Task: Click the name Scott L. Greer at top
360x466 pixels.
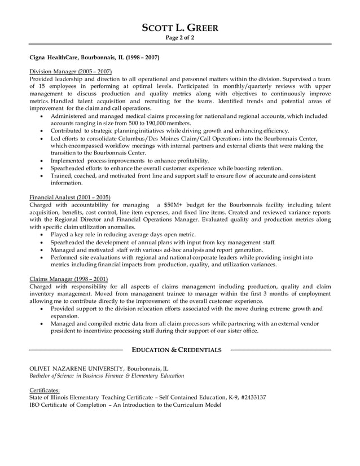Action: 179,28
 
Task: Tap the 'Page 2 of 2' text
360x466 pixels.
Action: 179,38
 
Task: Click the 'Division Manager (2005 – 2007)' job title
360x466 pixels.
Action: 70,72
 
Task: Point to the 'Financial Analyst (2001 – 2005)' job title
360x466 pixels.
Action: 70,197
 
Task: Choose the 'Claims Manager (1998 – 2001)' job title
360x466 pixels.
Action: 68,279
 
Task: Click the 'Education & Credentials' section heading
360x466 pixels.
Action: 177,350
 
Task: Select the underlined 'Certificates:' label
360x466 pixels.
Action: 44,390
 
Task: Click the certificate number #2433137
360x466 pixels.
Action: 253,397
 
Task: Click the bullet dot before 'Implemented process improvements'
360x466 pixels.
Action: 43,160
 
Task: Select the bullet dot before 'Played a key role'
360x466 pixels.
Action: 43,234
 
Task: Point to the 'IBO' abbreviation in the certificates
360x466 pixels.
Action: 35,405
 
